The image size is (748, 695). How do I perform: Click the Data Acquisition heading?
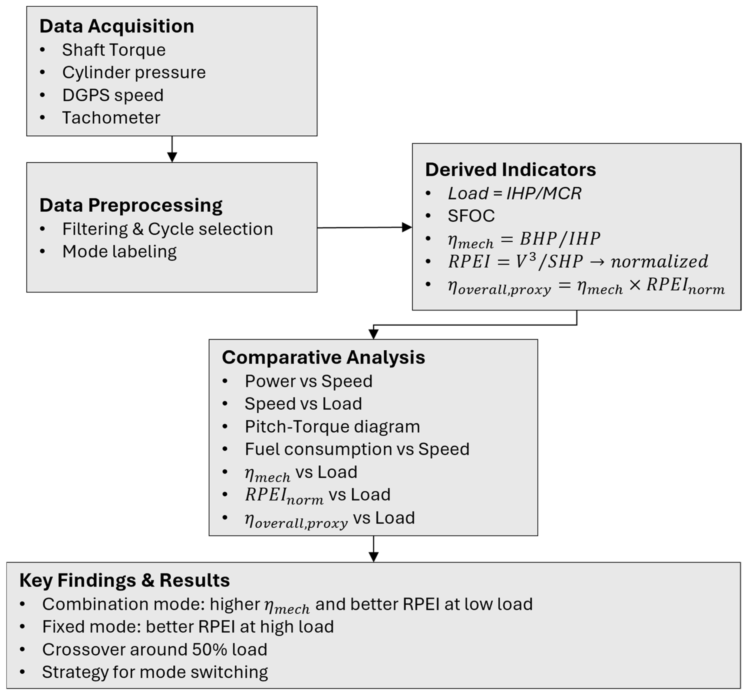117,26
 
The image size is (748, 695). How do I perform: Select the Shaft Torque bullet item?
114,50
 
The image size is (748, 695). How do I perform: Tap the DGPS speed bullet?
113,95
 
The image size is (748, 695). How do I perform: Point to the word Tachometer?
111,118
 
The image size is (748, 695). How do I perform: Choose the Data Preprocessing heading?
131,205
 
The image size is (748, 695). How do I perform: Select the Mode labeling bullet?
119,252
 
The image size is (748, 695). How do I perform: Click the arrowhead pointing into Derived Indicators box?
407,227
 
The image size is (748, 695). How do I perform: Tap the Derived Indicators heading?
510,170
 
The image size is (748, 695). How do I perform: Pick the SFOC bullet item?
471,216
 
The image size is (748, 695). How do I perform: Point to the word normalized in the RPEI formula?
659,261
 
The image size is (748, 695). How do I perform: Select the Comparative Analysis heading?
324,357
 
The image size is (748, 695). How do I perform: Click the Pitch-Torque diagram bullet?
332,426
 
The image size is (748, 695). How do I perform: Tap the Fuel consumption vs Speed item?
357,449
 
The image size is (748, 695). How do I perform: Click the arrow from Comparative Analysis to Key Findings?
373,549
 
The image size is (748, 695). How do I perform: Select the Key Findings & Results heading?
124,580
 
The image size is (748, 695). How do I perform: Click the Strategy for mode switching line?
155,672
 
